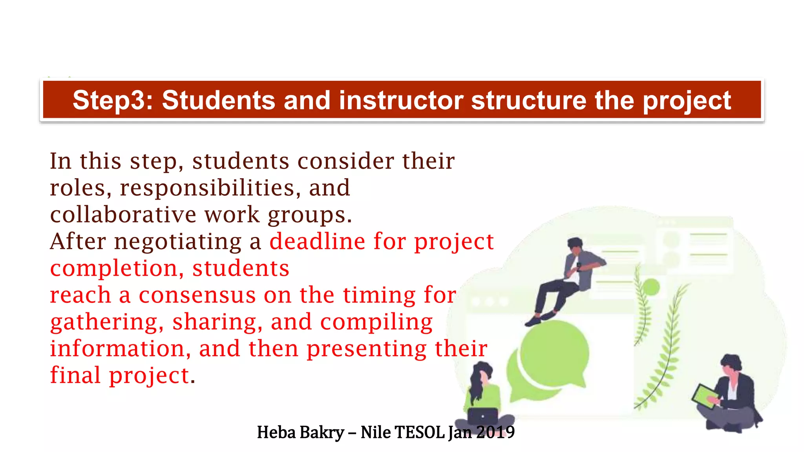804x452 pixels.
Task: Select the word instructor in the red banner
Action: point(401,100)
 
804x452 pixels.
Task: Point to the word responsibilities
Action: point(207,188)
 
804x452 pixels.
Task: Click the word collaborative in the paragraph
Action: point(123,215)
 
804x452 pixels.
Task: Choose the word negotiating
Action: point(178,242)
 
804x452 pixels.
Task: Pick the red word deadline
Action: point(317,241)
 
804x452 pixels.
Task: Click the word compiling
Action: point(376,323)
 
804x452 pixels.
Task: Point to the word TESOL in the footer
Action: point(419,432)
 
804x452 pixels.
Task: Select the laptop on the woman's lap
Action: point(482,416)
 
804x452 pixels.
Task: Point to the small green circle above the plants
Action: point(651,287)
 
